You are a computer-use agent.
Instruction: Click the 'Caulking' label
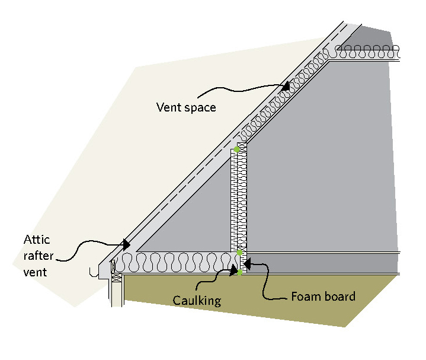tap(197, 301)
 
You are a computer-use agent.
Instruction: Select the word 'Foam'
tap(305, 296)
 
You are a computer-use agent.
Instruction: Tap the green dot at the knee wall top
tap(237, 149)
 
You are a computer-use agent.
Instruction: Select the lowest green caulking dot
tap(239, 273)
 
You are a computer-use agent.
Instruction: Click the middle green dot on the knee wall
tap(239, 253)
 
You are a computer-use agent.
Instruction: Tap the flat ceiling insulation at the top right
tap(367, 52)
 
